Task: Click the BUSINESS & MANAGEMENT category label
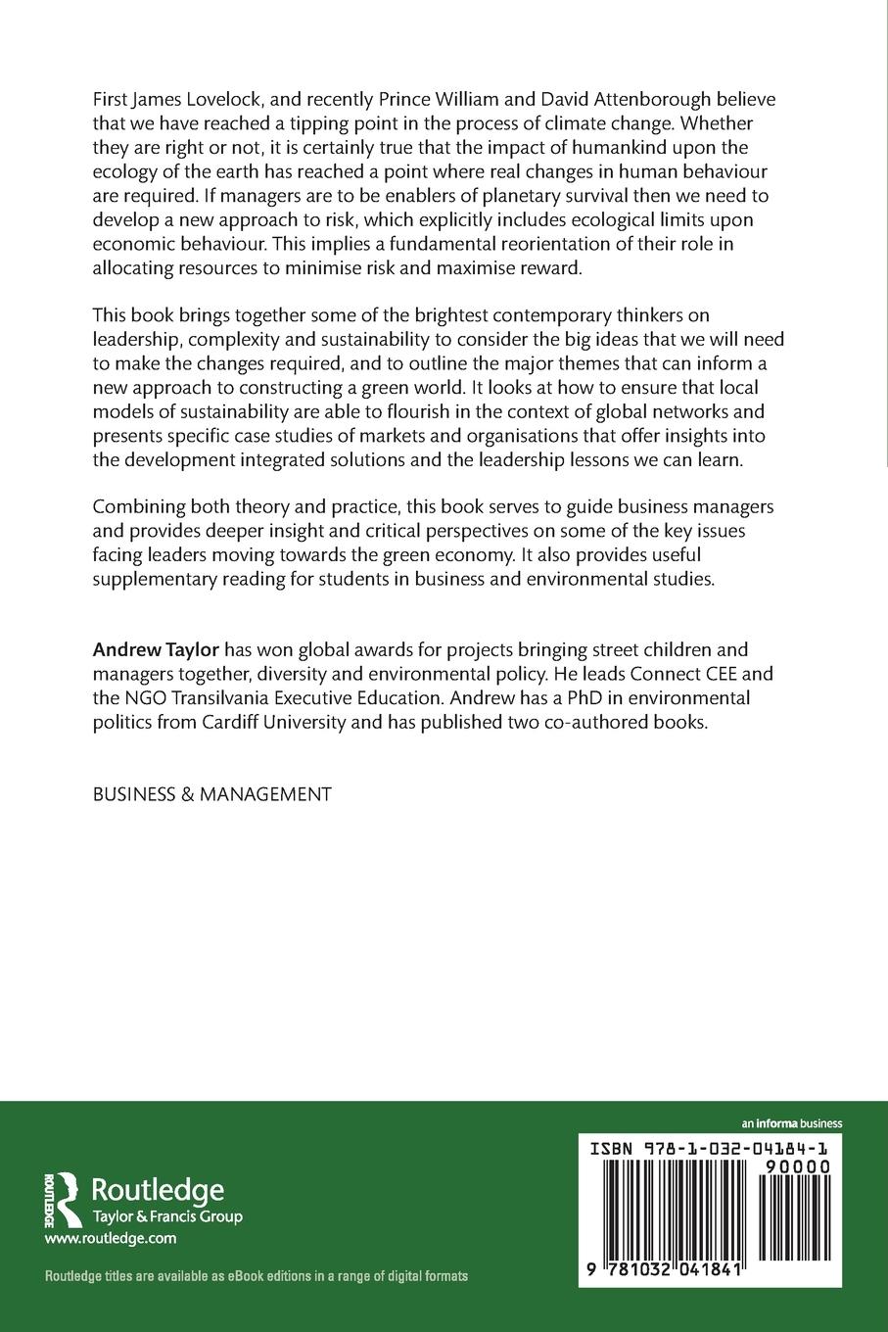point(211,794)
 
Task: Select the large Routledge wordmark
point(158,1190)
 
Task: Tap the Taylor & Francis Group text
point(166,1216)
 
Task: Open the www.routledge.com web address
point(111,1239)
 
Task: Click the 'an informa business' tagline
point(792,1123)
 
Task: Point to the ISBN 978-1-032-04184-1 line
point(710,1147)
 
